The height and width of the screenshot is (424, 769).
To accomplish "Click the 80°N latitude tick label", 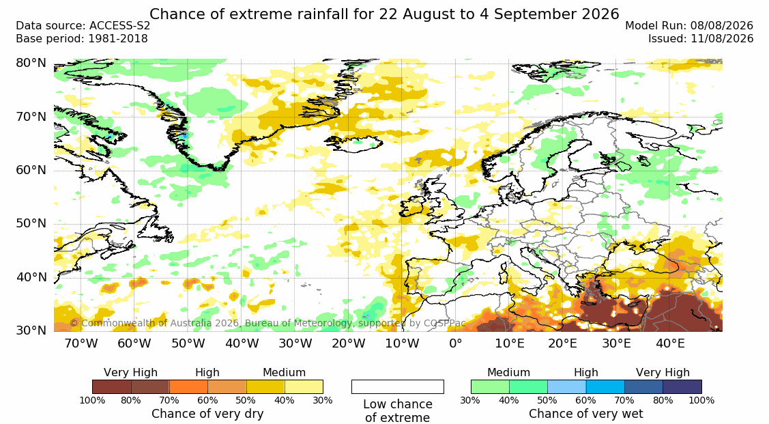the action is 31,63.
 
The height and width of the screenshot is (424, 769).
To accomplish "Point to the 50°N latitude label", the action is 31,224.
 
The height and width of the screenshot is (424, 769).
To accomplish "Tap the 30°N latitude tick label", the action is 31,330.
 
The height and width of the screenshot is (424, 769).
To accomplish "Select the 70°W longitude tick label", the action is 81,343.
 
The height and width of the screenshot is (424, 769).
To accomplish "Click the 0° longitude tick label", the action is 456,343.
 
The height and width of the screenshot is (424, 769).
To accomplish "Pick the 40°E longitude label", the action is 670,343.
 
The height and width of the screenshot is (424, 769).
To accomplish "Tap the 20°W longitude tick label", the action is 349,343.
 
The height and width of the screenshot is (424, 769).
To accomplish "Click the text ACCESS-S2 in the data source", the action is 119,26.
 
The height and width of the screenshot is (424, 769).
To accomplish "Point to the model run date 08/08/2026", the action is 721,26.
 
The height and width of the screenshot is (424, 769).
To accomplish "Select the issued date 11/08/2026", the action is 721,39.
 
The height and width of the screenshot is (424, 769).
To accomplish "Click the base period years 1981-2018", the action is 117,39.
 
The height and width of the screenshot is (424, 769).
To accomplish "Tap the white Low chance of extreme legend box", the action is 398,386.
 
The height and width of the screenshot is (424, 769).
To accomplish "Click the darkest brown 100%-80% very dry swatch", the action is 111,386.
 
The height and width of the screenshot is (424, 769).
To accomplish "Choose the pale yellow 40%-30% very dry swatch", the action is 304,386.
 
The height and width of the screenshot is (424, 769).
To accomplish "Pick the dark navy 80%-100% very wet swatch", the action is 682,386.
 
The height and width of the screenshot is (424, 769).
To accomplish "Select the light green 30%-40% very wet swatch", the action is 490,386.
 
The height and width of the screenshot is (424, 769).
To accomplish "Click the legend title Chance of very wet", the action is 586,414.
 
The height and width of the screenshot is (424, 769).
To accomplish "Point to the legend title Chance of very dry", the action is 207,414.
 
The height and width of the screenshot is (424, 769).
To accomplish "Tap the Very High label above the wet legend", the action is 663,373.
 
